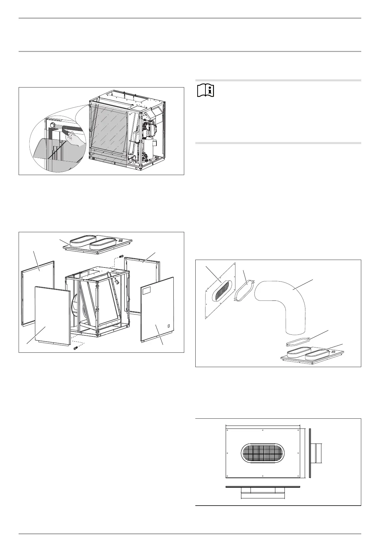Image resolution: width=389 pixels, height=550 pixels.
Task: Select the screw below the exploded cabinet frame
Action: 76,348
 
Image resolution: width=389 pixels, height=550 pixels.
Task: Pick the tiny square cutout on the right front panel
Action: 169,326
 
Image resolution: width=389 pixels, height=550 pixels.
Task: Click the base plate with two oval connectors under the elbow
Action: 312,355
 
